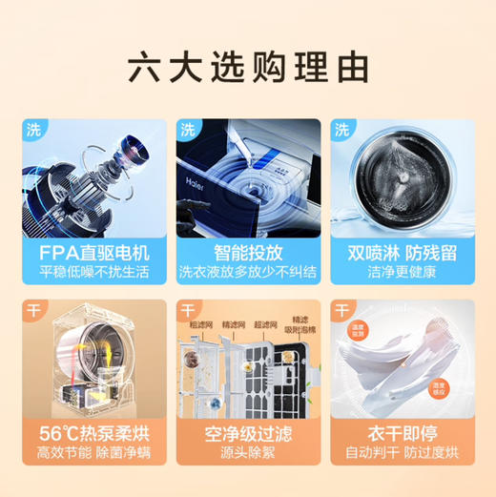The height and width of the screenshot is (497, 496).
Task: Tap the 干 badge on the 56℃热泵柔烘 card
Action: pyautogui.click(x=33, y=311)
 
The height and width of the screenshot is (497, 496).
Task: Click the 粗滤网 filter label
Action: pyautogui.click(x=200, y=324)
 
